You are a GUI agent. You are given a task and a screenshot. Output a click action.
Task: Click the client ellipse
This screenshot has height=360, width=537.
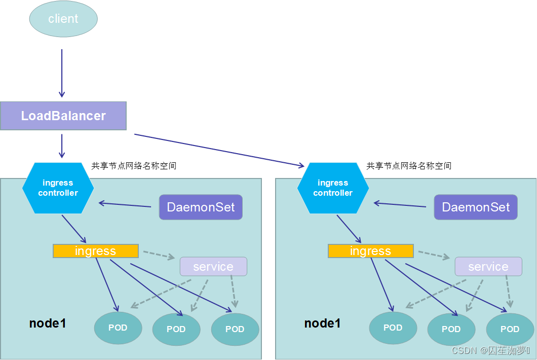(63, 19)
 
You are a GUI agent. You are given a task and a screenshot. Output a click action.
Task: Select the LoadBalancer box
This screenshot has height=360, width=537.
(63, 116)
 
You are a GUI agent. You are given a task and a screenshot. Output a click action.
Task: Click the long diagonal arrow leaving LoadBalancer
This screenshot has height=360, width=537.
(218, 150)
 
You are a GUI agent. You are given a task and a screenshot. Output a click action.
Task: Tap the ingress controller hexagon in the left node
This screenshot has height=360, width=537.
(58, 188)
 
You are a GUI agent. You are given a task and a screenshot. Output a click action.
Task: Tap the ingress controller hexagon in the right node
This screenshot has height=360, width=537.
(333, 188)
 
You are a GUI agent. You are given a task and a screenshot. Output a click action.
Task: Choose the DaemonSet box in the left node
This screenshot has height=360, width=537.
(201, 207)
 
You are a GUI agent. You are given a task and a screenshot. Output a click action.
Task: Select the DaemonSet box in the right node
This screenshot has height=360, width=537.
(476, 207)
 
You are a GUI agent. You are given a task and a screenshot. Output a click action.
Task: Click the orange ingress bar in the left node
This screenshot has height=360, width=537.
(95, 251)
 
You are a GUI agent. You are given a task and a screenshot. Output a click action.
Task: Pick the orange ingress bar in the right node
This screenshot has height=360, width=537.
(370, 251)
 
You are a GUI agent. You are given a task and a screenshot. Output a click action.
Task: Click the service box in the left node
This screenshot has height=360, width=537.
(213, 267)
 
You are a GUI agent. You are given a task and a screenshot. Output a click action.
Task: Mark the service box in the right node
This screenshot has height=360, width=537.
(488, 267)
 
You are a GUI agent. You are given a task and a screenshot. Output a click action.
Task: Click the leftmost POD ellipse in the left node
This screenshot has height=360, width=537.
(118, 328)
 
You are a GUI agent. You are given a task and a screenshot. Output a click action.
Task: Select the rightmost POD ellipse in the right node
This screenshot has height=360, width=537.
(510, 329)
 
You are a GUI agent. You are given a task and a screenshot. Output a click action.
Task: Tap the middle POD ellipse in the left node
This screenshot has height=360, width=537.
(176, 329)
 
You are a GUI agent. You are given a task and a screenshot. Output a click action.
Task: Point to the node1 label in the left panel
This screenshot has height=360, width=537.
(48, 323)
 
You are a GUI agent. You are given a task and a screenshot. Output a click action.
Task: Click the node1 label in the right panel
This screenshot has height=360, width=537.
(323, 323)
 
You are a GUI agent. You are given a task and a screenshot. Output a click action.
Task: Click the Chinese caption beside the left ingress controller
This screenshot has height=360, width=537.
(134, 166)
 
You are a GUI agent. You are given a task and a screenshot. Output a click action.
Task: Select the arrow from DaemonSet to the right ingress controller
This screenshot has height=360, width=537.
(400, 205)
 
